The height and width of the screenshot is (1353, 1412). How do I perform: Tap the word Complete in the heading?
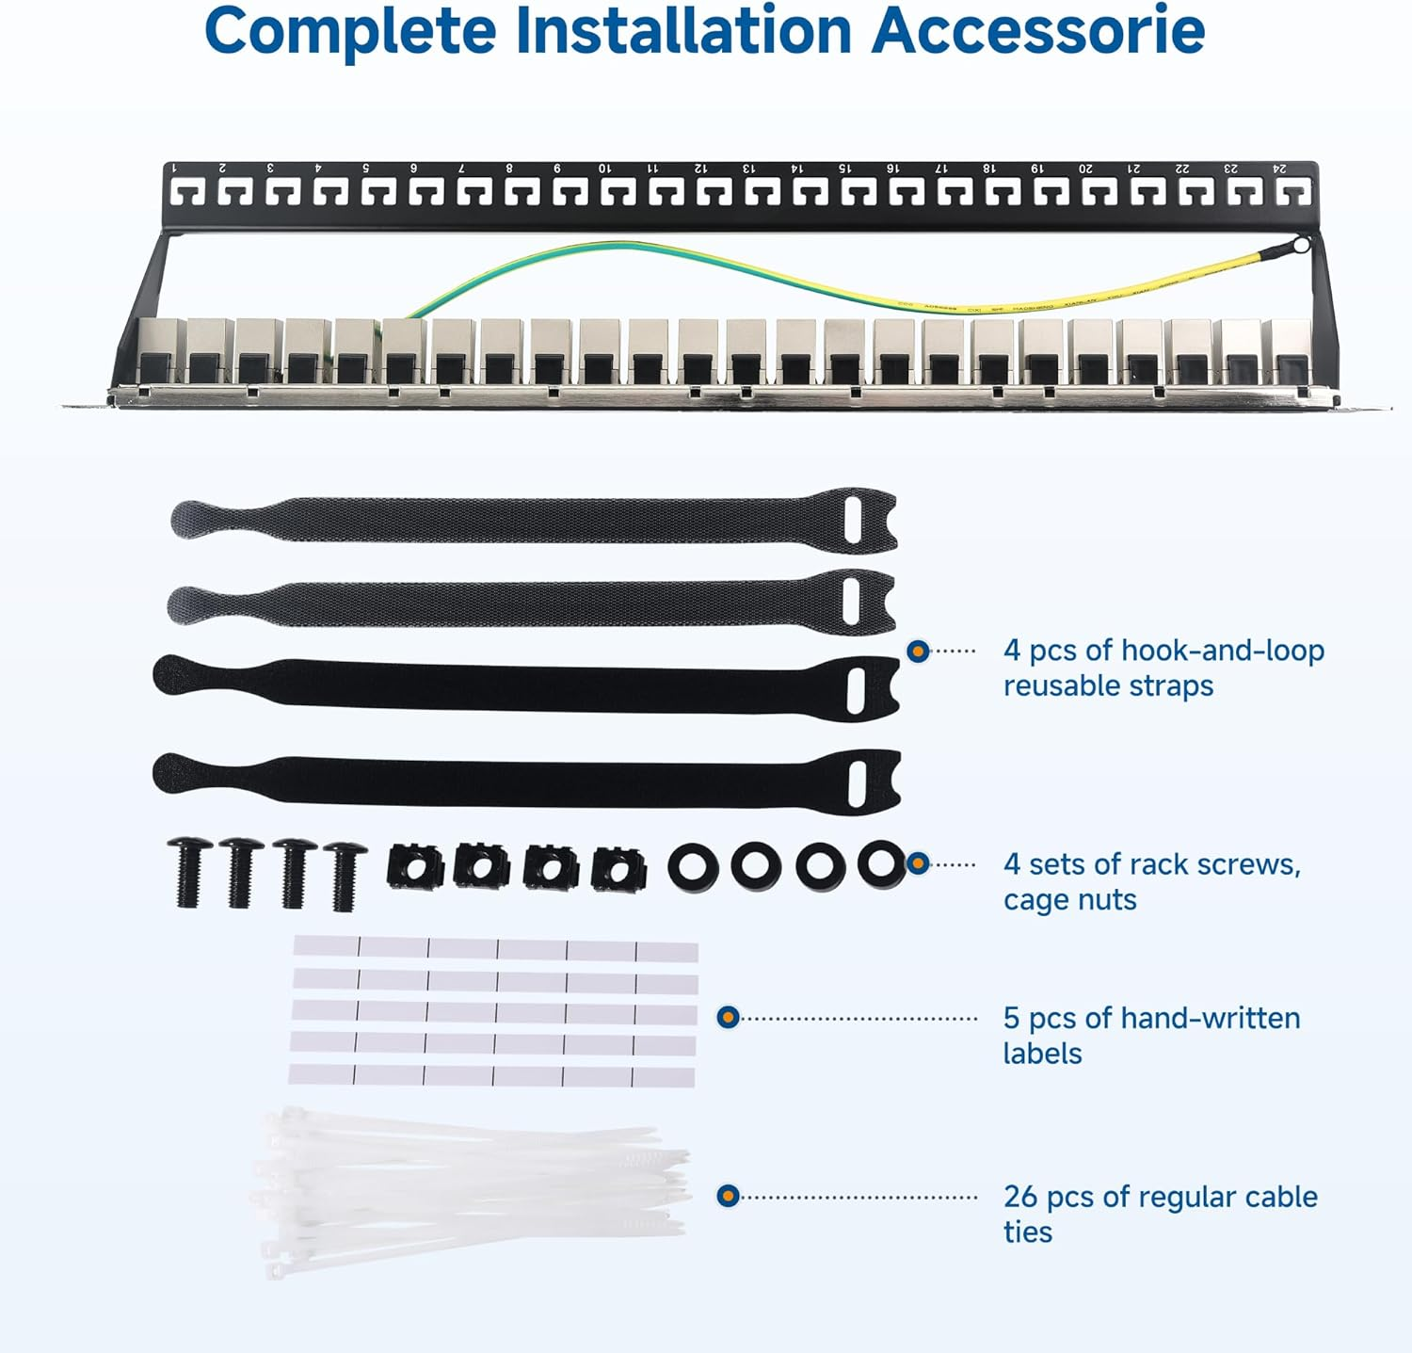tap(349, 30)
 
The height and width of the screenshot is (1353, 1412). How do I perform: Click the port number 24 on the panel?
tap(1279, 169)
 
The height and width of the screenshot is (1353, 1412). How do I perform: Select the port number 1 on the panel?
tap(174, 169)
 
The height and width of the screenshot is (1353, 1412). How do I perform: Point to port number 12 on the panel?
tap(700, 169)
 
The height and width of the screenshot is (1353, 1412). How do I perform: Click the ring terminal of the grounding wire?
tap(1301, 246)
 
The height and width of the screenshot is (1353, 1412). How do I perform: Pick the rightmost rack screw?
tap(343, 876)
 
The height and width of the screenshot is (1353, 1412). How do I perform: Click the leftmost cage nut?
tap(414, 866)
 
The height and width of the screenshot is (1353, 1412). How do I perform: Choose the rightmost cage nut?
tap(618, 869)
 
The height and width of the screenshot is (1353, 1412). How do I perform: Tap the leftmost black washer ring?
tap(693, 867)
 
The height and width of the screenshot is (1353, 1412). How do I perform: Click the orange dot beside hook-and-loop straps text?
tap(918, 651)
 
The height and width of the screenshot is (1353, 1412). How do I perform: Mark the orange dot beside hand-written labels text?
tap(728, 1018)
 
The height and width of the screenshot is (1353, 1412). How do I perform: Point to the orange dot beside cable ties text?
tap(728, 1196)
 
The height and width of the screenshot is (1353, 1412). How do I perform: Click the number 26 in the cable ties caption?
tap(1020, 1197)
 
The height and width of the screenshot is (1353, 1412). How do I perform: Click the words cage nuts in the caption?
tap(1069, 900)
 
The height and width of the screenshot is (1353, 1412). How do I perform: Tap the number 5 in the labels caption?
tap(1011, 1018)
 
